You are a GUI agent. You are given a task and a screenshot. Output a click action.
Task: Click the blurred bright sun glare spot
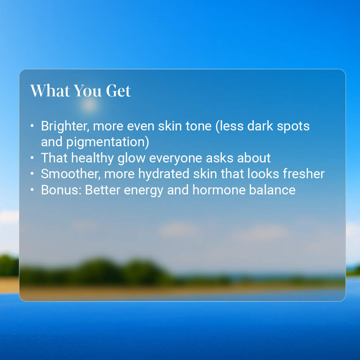90,104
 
